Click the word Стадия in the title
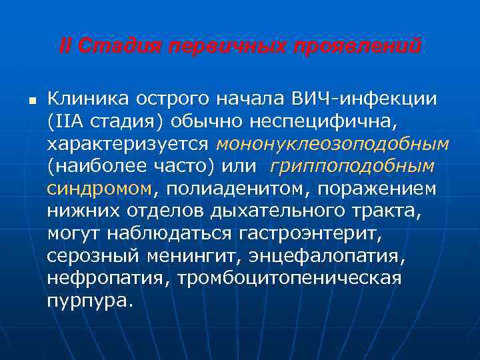[113, 47]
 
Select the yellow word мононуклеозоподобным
[333, 144]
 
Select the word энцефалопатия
[337, 255]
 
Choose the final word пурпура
[89, 300]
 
